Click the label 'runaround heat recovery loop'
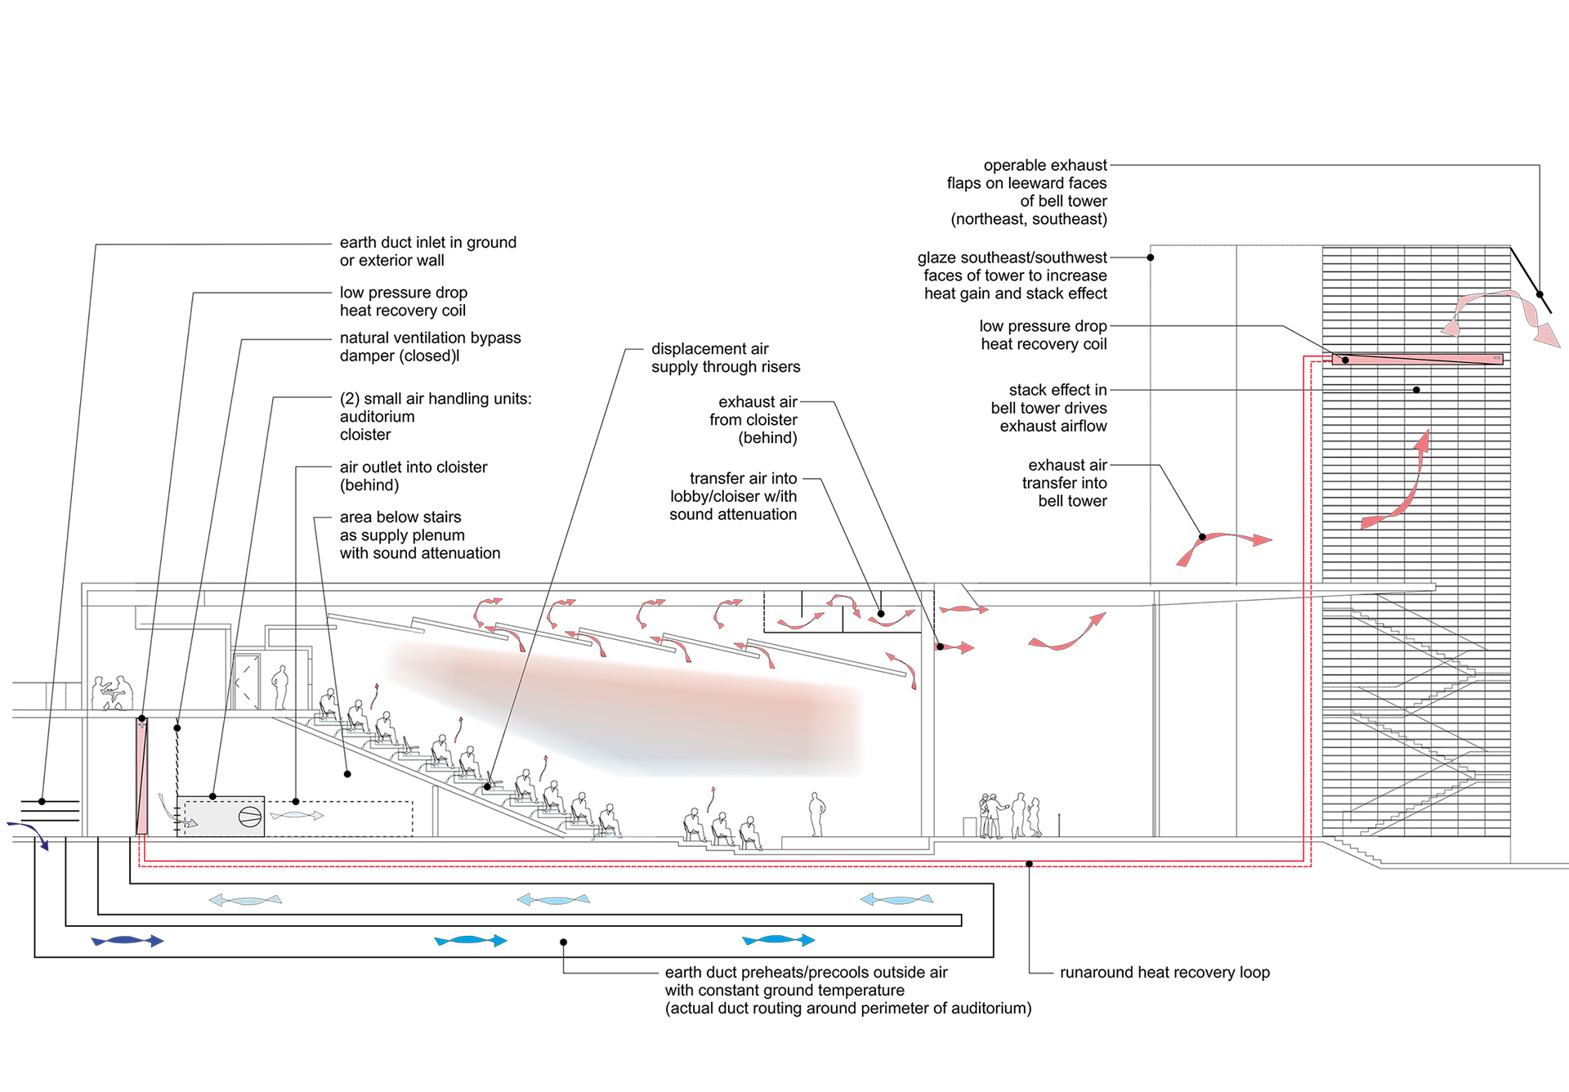pyautogui.click(x=1164, y=973)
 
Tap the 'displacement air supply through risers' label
pyautogui.click(x=726, y=358)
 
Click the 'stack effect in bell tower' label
pyautogui.click(x=1049, y=408)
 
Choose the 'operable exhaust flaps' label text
pyautogui.click(x=1027, y=192)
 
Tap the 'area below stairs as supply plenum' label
pyautogui.click(x=420, y=535)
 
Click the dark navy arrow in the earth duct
pyautogui.click(x=128, y=941)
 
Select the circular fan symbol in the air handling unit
pyautogui.click(x=249, y=817)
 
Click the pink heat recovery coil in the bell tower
pyautogui.click(x=1418, y=359)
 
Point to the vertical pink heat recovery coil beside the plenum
pyautogui.click(x=142, y=776)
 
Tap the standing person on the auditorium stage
pyautogui.click(x=816, y=813)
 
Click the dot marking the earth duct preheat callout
pyautogui.click(x=563, y=942)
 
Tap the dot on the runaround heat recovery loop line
pyautogui.click(x=1029, y=864)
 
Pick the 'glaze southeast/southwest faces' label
pyautogui.click(x=1012, y=275)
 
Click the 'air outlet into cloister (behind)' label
pyautogui.click(x=413, y=476)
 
